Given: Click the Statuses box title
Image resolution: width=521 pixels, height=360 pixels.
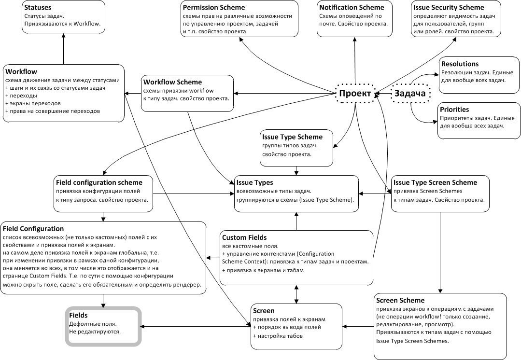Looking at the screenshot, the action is (38, 7).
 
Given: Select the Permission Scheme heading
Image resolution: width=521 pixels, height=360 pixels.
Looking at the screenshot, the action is (214, 7).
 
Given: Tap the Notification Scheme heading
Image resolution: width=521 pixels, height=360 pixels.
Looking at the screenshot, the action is (352, 7).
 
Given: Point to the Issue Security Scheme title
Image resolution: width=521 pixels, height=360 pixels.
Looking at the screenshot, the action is (449, 7).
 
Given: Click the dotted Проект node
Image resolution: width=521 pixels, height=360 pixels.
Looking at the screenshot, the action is (355, 93).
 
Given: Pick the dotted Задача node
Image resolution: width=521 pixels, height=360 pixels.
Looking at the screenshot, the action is (410, 93).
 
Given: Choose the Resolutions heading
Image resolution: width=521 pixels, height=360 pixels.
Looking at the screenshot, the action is (460, 64).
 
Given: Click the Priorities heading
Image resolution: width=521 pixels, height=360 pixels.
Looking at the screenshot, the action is (454, 109).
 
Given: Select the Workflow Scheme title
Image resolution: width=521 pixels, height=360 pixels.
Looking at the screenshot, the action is (172, 82).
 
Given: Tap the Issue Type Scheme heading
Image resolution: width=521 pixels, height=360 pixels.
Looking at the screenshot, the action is (293, 137).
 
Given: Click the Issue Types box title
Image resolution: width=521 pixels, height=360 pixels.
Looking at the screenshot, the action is (254, 182).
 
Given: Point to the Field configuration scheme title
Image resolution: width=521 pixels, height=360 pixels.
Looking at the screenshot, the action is (99, 182).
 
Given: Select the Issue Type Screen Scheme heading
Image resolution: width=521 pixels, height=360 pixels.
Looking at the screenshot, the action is (435, 182).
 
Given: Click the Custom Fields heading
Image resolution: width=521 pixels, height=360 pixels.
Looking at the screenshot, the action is (244, 237).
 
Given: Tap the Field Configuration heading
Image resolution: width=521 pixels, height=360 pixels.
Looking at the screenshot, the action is (33, 228).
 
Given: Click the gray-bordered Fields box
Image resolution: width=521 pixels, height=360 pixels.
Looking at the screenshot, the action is (103, 326).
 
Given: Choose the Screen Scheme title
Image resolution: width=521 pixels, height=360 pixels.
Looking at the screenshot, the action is (400, 300).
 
